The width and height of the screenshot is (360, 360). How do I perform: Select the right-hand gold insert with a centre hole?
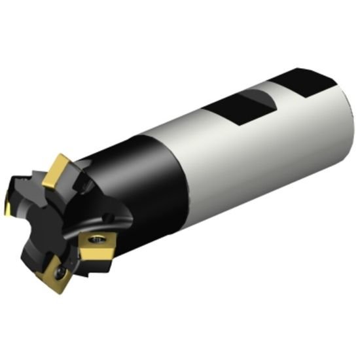pos(97,247)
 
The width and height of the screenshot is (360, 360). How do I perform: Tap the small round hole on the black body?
pos(107,215)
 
